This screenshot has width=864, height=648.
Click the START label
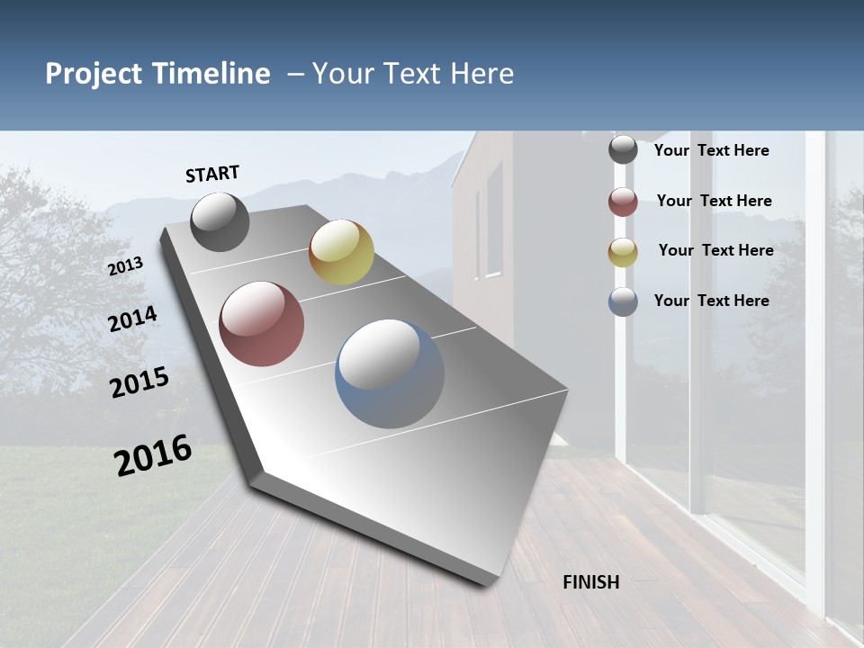[212, 174]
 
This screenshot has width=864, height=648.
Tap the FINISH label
[590, 582]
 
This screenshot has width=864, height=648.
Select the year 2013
[126, 266]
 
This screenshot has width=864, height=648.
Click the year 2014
[133, 319]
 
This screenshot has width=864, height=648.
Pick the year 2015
[139, 382]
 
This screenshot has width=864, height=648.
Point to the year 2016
[153, 454]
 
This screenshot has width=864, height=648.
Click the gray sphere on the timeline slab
[220, 221]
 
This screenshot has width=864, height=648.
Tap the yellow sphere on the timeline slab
[341, 252]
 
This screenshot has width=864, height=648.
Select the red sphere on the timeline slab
[261, 324]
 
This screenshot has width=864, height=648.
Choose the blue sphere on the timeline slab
[390, 373]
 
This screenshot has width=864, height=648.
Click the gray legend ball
[623, 150]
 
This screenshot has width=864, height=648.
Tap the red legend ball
[623, 202]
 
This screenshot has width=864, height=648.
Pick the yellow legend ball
[623, 252]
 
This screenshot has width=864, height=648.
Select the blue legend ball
[623, 301]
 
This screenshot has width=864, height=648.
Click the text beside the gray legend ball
[711, 150]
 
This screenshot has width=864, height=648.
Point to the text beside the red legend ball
[714, 201]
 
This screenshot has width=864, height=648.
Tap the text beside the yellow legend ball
[715, 250]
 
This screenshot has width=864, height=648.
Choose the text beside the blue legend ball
[711, 301]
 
